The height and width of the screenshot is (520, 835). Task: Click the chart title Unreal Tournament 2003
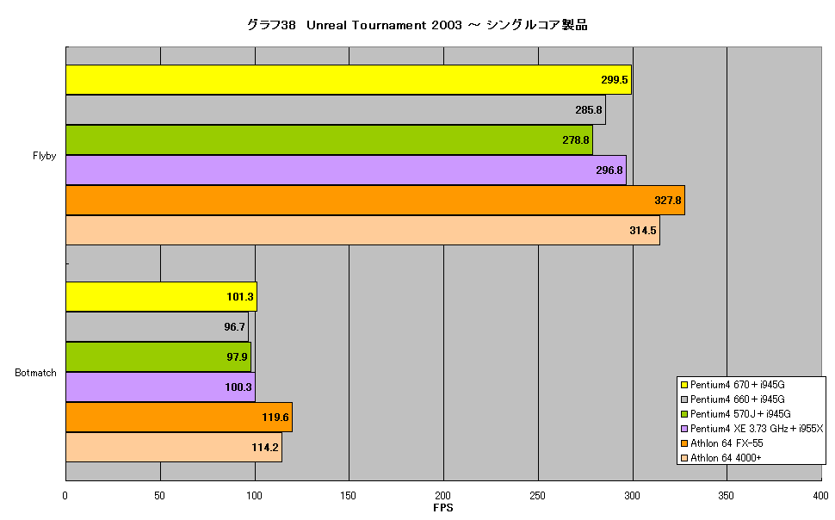(384, 25)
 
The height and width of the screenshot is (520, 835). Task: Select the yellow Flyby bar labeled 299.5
(349, 80)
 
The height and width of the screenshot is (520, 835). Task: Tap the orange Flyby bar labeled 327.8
(375, 201)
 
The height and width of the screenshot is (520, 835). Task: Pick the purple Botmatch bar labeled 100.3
(160, 387)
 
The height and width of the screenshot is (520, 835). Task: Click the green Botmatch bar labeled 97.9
(158, 357)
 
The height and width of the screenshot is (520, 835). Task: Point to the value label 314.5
(643, 231)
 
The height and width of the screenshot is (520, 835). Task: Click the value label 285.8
(589, 109)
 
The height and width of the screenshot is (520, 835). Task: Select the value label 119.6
(275, 418)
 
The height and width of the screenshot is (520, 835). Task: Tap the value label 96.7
(234, 326)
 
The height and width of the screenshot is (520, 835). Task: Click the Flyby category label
(44, 156)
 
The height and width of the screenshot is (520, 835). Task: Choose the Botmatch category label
(35, 373)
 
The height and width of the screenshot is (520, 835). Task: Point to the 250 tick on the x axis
(537, 496)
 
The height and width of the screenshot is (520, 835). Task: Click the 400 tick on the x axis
(820, 496)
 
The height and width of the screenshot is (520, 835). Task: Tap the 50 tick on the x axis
(160, 496)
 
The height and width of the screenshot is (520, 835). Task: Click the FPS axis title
(443, 508)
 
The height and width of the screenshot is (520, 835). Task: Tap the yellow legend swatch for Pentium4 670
(684, 385)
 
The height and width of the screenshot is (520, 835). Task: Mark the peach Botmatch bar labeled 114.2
(174, 448)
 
